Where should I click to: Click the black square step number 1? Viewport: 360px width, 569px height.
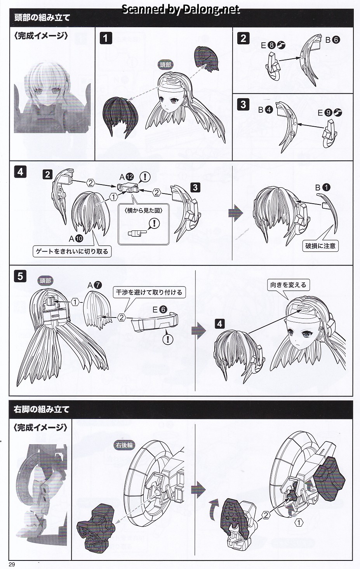pos(106,38)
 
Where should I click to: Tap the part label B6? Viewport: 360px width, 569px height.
pos(332,40)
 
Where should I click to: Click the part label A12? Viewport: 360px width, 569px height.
pos(127,177)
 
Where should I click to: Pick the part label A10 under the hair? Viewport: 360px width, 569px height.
pos(76,239)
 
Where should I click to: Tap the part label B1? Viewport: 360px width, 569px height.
pos(323,187)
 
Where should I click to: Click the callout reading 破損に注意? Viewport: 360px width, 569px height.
pos(320,246)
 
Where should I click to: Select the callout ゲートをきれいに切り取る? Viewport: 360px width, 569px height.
pos(72,251)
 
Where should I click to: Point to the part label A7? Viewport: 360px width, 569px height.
pos(94,285)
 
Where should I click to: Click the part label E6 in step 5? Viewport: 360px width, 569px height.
pos(160,309)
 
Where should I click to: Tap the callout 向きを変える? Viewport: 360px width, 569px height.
pos(288,285)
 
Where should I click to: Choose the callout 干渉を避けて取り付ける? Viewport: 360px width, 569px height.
pos(149,292)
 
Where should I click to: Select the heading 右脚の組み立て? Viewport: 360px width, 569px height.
pos(42,410)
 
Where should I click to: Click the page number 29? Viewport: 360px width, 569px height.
pos(12,564)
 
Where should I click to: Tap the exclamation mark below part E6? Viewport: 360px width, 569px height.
pos(167,339)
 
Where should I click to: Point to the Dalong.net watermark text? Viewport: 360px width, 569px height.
pos(181,9)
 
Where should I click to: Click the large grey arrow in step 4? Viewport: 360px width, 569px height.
pos(236,213)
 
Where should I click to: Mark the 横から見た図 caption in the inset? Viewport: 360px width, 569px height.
pos(144,211)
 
